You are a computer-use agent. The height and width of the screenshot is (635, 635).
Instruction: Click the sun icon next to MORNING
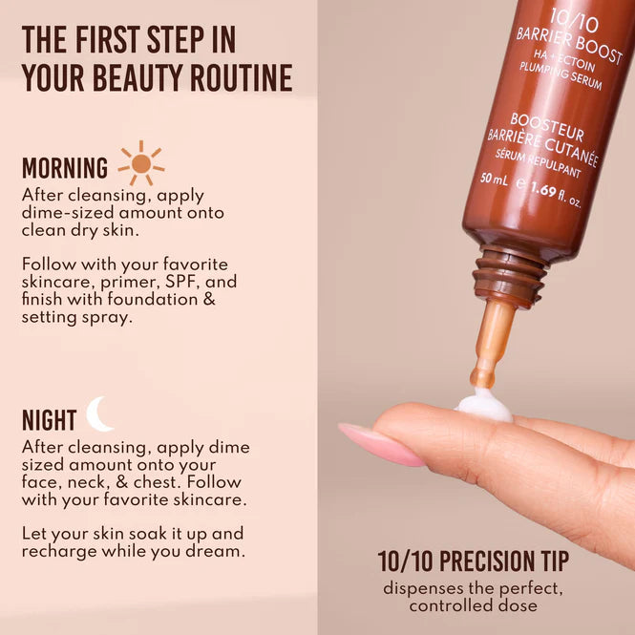pos(141,163)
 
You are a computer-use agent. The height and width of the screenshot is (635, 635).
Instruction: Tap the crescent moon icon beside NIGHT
pos(99,414)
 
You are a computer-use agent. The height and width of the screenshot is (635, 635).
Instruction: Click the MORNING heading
pos(65,169)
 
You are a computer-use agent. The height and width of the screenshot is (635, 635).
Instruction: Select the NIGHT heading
pos(49,420)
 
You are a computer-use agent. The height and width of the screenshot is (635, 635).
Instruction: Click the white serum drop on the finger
pos(483,405)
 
